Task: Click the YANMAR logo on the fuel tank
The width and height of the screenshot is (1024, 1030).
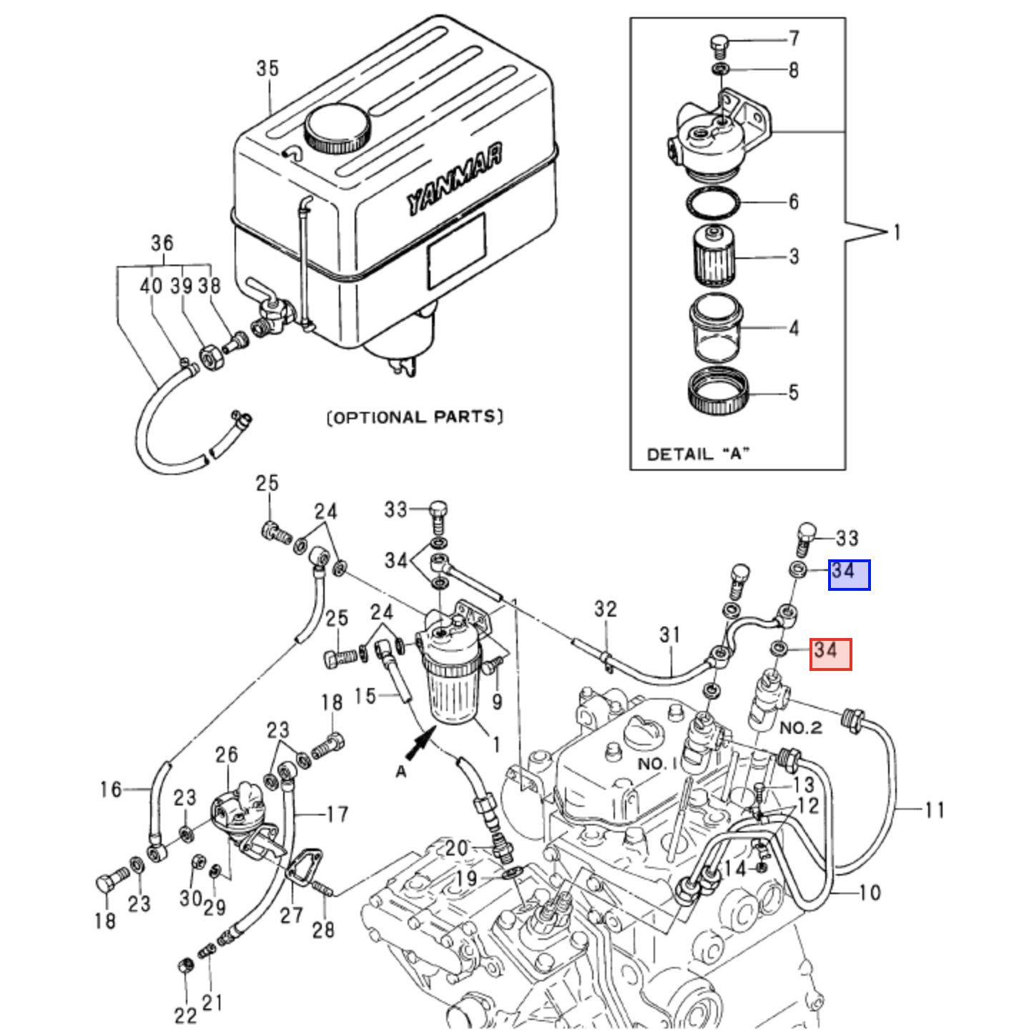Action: pos(455,182)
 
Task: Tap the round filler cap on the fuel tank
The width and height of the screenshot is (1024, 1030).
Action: pos(338,129)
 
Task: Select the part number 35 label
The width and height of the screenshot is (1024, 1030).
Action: pos(267,69)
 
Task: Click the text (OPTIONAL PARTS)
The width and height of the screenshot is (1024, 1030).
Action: pos(415,417)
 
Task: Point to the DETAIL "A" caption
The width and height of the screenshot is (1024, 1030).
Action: pos(698,453)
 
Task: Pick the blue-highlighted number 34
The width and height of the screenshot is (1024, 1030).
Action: pos(849,574)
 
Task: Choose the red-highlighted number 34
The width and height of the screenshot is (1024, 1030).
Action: pos(830,654)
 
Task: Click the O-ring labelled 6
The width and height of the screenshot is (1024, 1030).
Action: pos(714,204)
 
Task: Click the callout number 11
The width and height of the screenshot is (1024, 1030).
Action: pos(934,810)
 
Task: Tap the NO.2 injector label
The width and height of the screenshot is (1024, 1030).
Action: pos(799,728)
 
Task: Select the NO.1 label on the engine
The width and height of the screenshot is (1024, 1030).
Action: pos(657,763)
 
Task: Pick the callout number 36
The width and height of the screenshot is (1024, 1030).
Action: pos(162,244)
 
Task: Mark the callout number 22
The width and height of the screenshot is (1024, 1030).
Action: pos(185,1014)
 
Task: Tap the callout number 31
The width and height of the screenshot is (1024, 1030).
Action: pos(669,634)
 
